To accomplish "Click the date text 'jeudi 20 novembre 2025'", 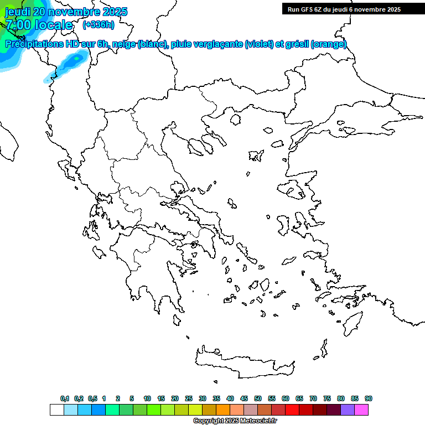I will coord(66,12).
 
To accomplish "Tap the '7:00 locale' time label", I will coord(39,25).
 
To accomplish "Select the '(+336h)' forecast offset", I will coord(99,24).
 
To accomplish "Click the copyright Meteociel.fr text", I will coord(235,421).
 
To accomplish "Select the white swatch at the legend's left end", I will coord(56,410).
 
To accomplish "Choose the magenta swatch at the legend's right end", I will coord(361,410).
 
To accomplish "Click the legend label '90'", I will coord(369,398).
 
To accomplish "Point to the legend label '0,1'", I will coord(65,398).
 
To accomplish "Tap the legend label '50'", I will coord(258,398).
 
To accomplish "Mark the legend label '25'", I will coord(189,398).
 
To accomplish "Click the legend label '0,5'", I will coord(92,398).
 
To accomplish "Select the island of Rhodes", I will coord(351,322).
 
